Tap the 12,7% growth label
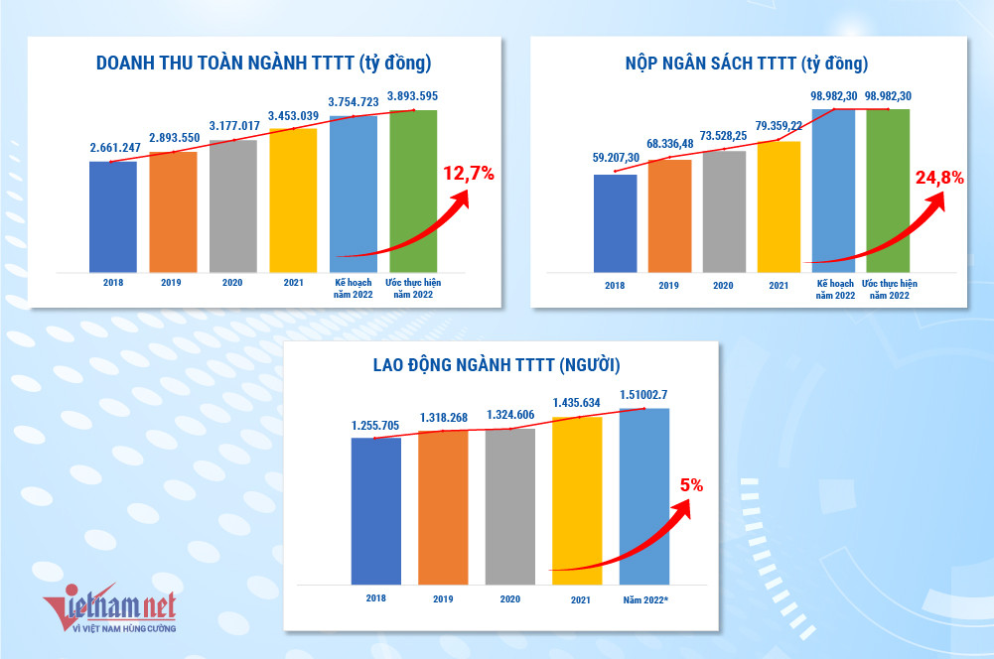coord(468,175)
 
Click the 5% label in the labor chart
coord(691,485)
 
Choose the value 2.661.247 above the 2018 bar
coord(112,147)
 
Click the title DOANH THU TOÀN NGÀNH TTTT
coord(263,64)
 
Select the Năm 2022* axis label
coord(644,599)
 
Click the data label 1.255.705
coord(375,426)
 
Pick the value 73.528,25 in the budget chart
coord(723,134)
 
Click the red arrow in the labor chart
coord(626,541)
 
